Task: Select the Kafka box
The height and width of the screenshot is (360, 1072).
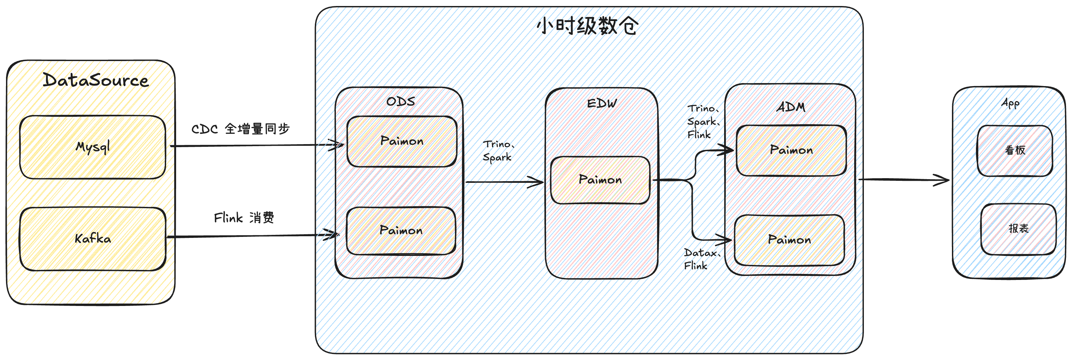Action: tap(92, 239)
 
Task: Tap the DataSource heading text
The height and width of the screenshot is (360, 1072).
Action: tap(95, 80)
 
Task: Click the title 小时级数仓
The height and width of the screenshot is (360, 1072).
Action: tap(587, 26)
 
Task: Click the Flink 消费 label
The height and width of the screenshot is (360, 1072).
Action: tap(244, 218)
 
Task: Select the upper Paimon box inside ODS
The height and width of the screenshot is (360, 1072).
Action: tap(402, 141)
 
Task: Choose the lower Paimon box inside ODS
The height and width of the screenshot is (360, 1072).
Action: tap(401, 231)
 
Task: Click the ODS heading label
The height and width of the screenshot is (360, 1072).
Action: tap(400, 101)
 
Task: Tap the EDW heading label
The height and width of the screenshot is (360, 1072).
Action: tap(602, 103)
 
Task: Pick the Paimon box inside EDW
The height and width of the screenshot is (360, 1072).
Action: tap(600, 180)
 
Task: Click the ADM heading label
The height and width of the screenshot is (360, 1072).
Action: tap(791, 107)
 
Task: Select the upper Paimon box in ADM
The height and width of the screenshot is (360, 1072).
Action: tap(791, 150)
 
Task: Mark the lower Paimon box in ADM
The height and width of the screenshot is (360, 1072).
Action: tap(789, 240)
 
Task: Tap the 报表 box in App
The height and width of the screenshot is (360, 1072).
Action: tap(1018, 229)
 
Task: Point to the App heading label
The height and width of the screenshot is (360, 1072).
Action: tap(1010, 103)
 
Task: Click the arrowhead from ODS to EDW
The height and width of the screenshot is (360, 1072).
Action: tap(537, 182)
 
